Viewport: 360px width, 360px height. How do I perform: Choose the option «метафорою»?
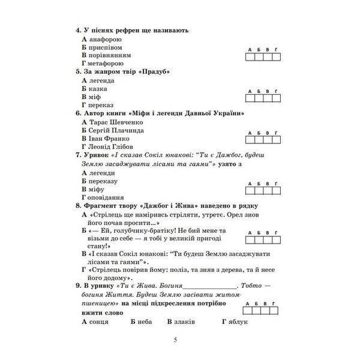tap(106, 62)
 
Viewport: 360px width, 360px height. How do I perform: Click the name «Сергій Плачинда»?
tap(116, 130)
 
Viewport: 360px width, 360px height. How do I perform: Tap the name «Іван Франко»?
tap(109, 138)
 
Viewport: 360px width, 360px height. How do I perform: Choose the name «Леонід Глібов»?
tap(110, 146)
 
